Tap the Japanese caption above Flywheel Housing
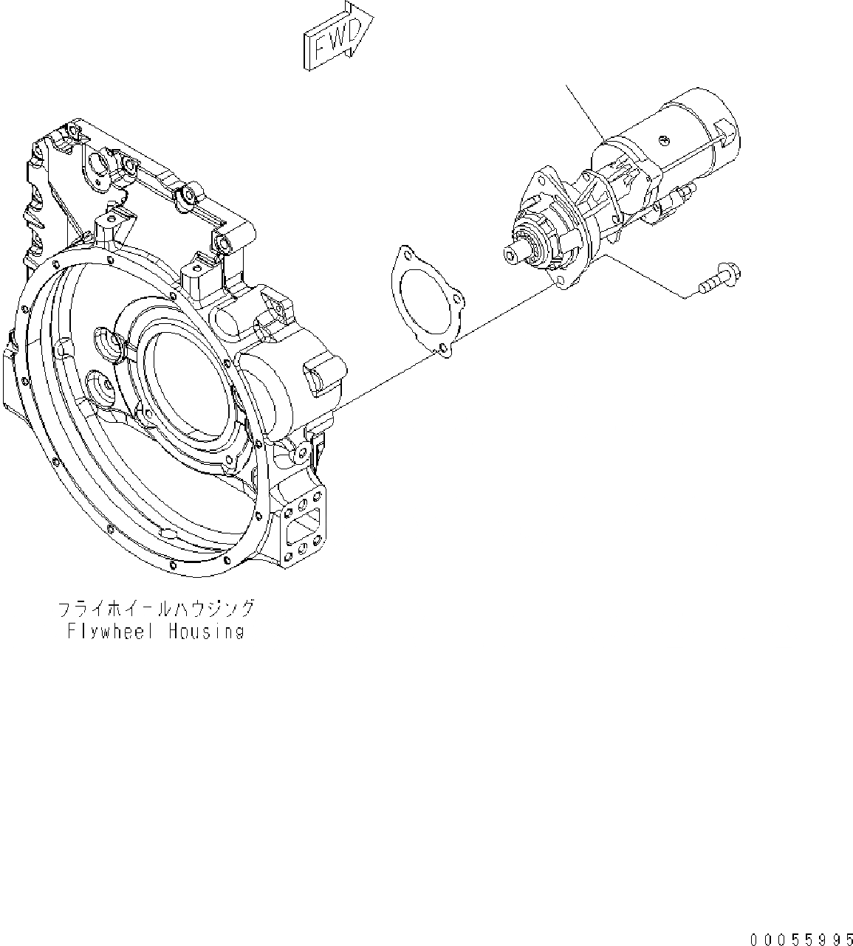pos(157,609)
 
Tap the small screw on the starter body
pos(663,139)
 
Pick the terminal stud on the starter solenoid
pos(683,194)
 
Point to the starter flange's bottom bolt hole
pos(565,280)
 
